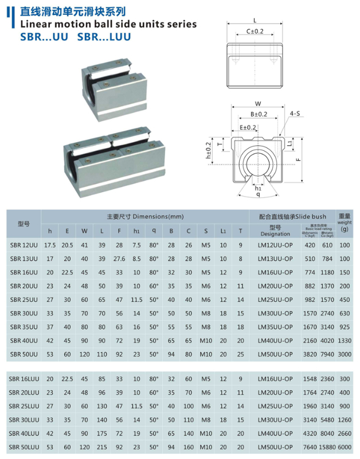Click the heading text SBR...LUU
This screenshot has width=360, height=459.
[x=104, y=37]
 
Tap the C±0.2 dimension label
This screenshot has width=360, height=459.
[x=255, y=31]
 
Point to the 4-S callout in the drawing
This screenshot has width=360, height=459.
[x=296, y=114]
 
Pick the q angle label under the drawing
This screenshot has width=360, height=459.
[x=258, y=195]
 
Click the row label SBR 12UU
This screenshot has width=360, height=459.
[x=24, y=245]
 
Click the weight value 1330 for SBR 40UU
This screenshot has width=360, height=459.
[x=344, y=340]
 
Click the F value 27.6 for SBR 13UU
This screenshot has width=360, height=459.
[x=119, y=259]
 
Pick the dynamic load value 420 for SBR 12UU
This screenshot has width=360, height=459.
[x=310, y=245]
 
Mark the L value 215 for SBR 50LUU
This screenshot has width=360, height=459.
[x=102, y=446]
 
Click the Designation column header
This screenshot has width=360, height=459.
[x=275, y=234]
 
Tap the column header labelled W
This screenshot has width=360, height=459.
[x=84, y=231]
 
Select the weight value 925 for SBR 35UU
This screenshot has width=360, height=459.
[x=344, y=326]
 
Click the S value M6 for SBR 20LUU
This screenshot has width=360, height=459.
[x=206, y=392]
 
